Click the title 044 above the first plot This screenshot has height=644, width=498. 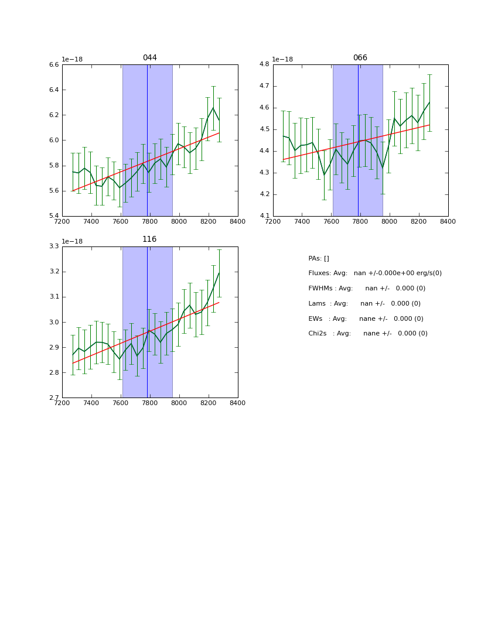tap(149, 58)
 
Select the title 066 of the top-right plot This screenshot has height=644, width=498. tap(360, 58)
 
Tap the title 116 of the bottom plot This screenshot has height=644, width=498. tap(149, 239)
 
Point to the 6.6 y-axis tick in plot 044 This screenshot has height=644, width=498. tap(53, 65)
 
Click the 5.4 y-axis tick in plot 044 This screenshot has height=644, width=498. tap(53, 216)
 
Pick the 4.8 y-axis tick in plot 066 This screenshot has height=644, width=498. tap(264, 64)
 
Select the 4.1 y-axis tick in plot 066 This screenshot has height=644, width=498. tap(264, 216)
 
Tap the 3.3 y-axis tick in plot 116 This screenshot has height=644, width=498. tap(53, 246)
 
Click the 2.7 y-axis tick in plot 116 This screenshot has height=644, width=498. tap(53, 398)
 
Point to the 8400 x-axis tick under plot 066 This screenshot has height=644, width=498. tap(448, 222)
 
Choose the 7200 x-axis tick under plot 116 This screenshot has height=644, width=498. tap(62, 403)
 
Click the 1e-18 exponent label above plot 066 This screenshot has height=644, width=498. tap(282, 59)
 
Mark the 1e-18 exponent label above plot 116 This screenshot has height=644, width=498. tap(72, 241)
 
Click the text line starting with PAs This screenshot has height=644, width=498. tap(319, 259)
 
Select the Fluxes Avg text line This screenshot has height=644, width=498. tap(375, 273)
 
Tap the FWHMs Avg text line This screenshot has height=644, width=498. tap(367, 289)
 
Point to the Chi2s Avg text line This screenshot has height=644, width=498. tap(368, 334)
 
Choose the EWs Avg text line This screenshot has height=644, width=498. tap(366, 319)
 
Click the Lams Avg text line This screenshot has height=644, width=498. tap(364, 304)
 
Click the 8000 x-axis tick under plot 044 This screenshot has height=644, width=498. tap(179, 222)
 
